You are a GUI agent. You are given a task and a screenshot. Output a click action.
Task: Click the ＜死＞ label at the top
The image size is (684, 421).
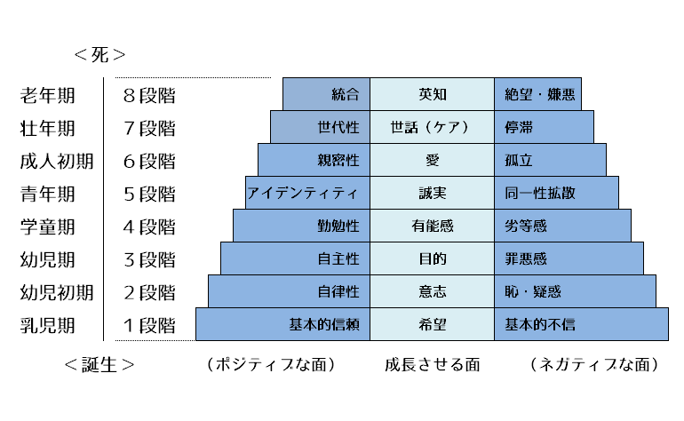pyautogui.click(x=99, y=55)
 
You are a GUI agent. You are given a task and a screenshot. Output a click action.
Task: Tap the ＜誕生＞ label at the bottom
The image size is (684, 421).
pyautogui.click(x=100, y=365)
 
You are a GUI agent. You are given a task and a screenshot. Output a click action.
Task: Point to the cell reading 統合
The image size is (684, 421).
pyautogui.click(x=345, y=94)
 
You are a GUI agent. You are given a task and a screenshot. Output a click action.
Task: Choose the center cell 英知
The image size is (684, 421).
pyautogui.click(x=432, y=94)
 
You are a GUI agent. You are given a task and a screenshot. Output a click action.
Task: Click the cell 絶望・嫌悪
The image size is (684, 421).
pyautogui.click(x=539, y=94)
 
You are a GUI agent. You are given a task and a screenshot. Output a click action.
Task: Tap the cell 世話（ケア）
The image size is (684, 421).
pyautogui.click(x=432, y=127)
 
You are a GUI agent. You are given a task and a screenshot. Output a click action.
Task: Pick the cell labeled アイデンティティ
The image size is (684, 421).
pyautogui.click(x=303, y=193)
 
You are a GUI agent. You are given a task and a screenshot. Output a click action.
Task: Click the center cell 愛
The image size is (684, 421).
pyautogui.click(x=432, y=160)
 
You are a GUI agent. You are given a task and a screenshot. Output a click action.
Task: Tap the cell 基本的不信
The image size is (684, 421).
pyautogui.click(x=540, y=324)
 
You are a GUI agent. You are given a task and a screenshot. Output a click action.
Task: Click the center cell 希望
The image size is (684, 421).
pyautogui.click(x=432, y=324)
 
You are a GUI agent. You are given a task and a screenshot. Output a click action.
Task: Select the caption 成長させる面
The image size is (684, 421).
pyautogui.click(x=432, y=365)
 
